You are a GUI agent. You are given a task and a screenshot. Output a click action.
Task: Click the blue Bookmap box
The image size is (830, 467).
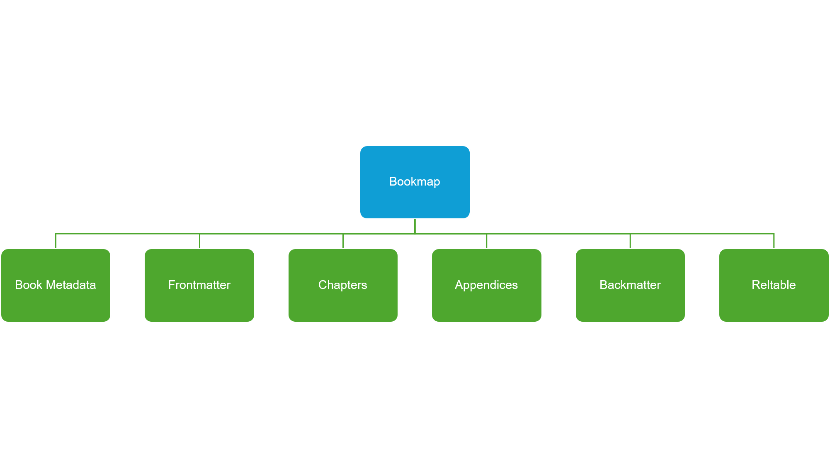(x=415, y=182)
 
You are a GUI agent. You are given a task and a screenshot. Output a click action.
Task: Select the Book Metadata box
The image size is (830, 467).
(x=56, y=285)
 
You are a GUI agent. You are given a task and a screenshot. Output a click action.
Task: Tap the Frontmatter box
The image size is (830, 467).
(x=199, y=285)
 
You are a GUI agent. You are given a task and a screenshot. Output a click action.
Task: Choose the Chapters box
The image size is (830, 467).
(x=343, y=285)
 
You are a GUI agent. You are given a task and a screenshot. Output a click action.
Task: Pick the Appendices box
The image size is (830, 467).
(x=487, y=285)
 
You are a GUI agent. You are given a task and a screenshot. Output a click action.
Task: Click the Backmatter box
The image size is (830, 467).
(x=630, y=285)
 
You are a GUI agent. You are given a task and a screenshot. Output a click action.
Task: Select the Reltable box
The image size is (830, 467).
(x=774, y=285)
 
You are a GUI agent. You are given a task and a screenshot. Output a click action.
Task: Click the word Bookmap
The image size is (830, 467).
(x=415, y=182)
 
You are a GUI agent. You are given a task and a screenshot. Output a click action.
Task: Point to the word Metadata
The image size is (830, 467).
(x=71, y=285)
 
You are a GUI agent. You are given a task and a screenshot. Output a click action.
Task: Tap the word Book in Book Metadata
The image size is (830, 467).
(x=29, y=285)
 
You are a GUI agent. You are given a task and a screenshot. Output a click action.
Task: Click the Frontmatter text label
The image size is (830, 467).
(x=199, y=285)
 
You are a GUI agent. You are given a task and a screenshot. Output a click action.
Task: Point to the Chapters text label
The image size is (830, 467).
(x=343, y=285)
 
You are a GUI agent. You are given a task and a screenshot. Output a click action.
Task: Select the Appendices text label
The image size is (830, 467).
(x=486, y=285)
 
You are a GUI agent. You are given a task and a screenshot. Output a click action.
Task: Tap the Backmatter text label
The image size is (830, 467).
(x=630, y=285)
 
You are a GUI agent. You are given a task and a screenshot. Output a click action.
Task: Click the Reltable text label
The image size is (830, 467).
(x=774, y=285)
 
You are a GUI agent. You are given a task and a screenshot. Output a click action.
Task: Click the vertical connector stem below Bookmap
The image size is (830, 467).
(x=415, y=226)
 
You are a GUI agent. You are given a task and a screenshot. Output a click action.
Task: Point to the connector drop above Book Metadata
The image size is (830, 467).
(x=56, y=241)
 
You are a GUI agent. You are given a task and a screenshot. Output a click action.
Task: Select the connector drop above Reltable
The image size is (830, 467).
(x=774, y=241)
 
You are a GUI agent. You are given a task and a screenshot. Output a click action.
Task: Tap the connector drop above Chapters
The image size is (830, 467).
(x=343, y=241)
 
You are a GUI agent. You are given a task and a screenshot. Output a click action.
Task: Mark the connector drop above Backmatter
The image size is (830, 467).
(x=630, y=241)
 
